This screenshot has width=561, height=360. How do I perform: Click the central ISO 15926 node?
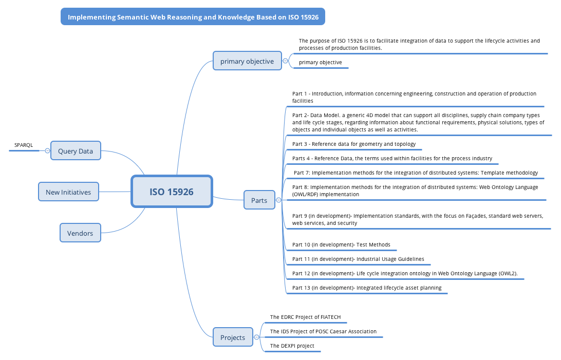click(172, 192)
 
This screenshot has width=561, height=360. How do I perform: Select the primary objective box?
click(247, 61)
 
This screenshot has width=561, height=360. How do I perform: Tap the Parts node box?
click(259, 200)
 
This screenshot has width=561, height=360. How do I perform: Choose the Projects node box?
click(233, 337)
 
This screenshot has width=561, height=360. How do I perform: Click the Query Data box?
click(76, 151)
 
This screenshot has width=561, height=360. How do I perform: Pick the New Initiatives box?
click(68, 192)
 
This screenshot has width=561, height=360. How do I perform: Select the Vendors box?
click(80, 233)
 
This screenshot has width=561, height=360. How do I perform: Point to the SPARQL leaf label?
click(24, 145)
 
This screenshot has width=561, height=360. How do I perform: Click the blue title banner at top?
click(193, 17)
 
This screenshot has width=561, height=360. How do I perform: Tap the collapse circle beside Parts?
click(278, 200)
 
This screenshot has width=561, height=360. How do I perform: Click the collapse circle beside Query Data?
click(47, 151)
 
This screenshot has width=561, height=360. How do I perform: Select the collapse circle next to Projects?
click(256, 337)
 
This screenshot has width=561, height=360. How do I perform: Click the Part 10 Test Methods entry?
click(341, 245)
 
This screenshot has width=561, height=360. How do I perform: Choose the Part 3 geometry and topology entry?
click(354, 144)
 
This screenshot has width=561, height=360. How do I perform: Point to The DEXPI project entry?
click(292, 346)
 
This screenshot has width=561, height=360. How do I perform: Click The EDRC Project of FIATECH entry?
click(305, 317)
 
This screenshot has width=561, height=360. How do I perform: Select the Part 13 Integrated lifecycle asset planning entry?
click(367, 288)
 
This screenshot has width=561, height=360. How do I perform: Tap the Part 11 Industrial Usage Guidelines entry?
click(358, 259)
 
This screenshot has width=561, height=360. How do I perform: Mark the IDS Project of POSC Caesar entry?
click(323, 332)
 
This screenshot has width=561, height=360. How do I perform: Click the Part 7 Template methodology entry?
click(416, 173)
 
